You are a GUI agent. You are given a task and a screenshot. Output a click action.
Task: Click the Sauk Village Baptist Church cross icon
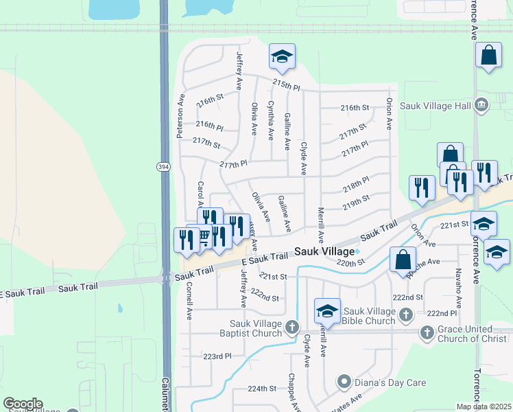coord(293,326)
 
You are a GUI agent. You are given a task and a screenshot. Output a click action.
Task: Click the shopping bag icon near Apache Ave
coord(403,260)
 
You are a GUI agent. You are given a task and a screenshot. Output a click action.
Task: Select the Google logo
coord(23,404)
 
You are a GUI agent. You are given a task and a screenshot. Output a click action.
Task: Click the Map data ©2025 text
coord(484,407)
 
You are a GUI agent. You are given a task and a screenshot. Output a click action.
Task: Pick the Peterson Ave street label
coord(181,117)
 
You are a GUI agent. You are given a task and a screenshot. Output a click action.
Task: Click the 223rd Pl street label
coord(217,356)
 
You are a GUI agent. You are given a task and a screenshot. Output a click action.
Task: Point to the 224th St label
coord(261,388)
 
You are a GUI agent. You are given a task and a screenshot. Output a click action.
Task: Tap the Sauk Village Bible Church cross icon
coord(406,314)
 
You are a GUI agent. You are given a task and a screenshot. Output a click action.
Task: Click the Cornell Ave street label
coord(189,301)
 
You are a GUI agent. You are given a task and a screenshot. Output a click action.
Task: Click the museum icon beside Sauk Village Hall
coord(481,104)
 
